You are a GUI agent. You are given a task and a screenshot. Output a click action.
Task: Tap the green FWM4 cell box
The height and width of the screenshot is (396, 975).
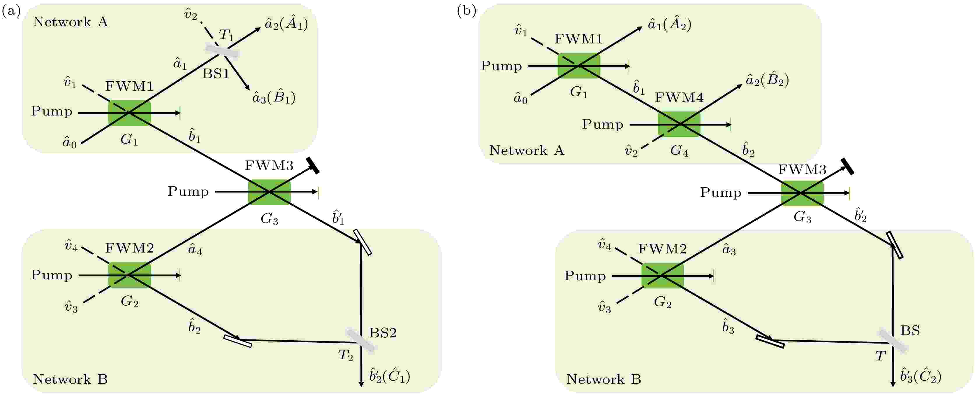pyautogui.click(x=680, y=124)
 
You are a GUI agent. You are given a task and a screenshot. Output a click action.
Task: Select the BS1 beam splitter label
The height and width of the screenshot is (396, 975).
pyautogui.click(x=216, y=73)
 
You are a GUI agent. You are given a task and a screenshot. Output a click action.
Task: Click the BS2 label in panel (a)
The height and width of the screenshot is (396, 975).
pyautogui.click(x=383, y=333)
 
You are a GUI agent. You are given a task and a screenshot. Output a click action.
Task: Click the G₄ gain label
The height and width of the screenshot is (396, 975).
pyautogui.click(x=680, y=151)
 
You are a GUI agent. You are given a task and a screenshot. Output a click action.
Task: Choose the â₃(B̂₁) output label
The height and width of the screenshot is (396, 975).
pyautogui.click(x=274, y=97)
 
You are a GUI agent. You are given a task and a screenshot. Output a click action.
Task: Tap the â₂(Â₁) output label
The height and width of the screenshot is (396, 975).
pyautogui.click(x=286, y=24)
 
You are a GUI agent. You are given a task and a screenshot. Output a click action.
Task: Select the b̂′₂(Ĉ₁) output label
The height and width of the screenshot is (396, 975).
pyautogui.click(x=390, y=376)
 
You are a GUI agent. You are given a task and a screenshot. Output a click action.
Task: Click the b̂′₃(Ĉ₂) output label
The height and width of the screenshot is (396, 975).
pyautogui.click(x=921, y=376)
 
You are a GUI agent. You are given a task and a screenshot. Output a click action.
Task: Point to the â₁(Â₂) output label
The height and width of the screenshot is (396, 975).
pyautogui.click(x=670, y=24)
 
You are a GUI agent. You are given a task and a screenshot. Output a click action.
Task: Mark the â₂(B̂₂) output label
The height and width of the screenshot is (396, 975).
pyautogui.click(x=767, y=80)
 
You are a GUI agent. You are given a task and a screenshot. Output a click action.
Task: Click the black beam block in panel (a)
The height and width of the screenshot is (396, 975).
pyautogui.click(x=313, y=165)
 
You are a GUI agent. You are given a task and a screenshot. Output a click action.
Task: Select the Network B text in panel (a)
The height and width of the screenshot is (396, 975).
pyautogui.click(x=71, y=379)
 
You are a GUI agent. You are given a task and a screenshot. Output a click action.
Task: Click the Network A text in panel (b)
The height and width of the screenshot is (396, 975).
pyautogui.click(x=527, y=150)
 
